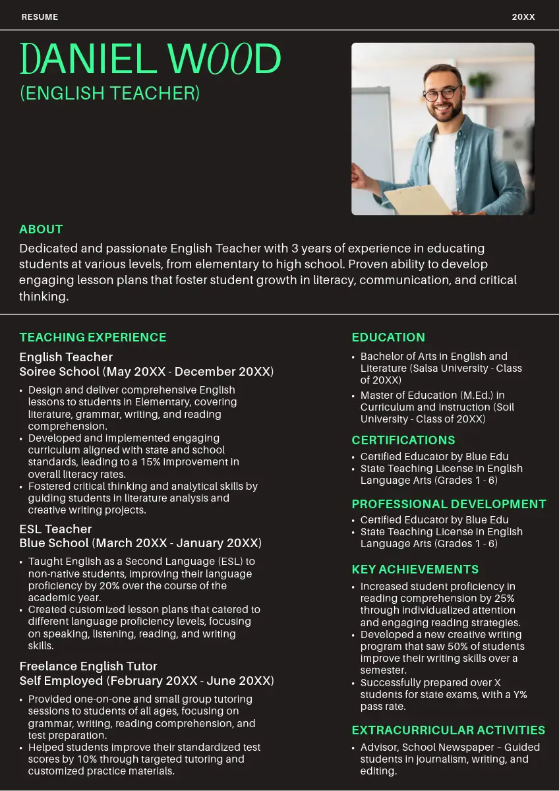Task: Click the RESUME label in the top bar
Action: [40, 16]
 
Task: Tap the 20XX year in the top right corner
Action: [523, 16]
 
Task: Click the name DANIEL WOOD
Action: [150, 59]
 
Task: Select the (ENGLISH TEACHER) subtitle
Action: [109, 93]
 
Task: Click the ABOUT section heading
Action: [41, 229]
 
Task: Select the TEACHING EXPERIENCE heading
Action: [93, 337]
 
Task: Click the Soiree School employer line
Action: [146, 372]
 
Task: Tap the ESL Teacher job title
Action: [55, 529]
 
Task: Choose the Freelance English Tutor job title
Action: [88, 666]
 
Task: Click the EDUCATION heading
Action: [388, 337]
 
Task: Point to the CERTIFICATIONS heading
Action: [403, 440]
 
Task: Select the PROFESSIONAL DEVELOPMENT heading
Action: [449, 504]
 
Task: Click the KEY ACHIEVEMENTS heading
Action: [415, 570]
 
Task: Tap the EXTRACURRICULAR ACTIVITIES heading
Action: [448, 730]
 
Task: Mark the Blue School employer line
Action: [140, 543]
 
